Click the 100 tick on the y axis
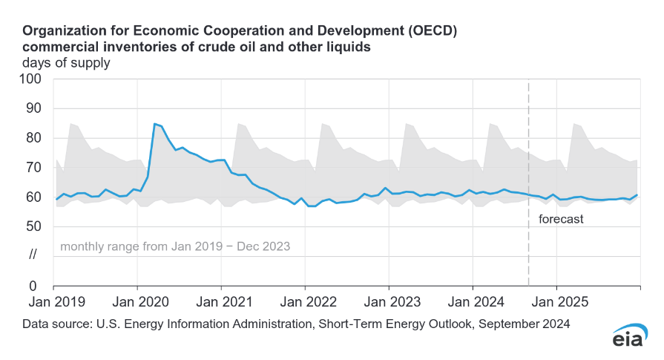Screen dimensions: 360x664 pyautogui.click(x=33, y=79)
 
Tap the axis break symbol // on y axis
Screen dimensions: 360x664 pyautogui.click(x=33, y=256)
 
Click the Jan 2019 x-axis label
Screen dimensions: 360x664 pyautogui.click(x=53, y=303)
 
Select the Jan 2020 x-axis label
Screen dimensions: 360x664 pyautogui.click(x=137, y=303)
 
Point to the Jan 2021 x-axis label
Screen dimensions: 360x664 pyautogui.click(x=221, y=303)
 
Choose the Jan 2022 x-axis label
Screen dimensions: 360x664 pyautogui.click(x=305, y=303)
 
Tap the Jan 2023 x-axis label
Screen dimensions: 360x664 pyautogui.click(x=389, y=303)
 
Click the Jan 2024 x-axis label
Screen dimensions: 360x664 pyautogui.click(x=473, y=303)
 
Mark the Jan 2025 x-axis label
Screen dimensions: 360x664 pyautogui.click(x=556, y=303)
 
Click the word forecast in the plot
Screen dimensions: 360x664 pyautogui.click(x=561, y=219)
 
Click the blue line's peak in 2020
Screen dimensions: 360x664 pyautogui.click(x=154, y=124)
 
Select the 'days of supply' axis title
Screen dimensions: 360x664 pyautogui.click(x=66, y=63)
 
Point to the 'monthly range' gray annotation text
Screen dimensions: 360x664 pyautogui.click(x=174, y=246)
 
